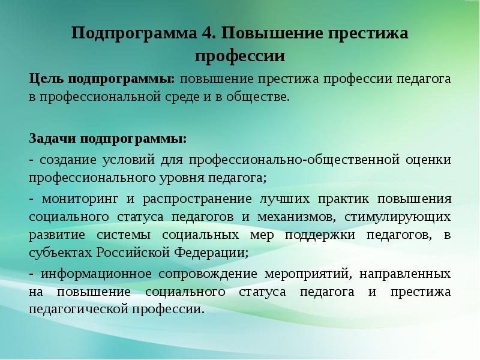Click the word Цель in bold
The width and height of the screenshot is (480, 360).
tap(46, 79)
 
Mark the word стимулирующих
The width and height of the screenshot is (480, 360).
tap(398, 216)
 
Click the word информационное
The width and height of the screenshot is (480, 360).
tap(95, 274)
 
